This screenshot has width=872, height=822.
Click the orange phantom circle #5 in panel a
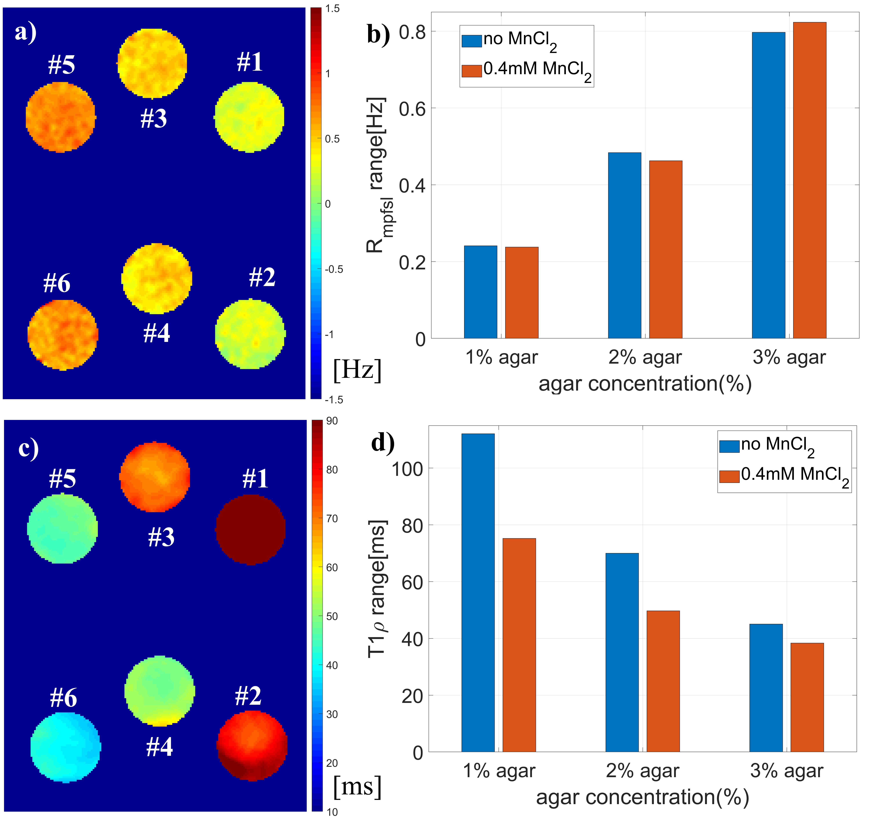[61, 117]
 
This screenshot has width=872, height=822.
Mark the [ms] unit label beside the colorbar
[357, 786]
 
